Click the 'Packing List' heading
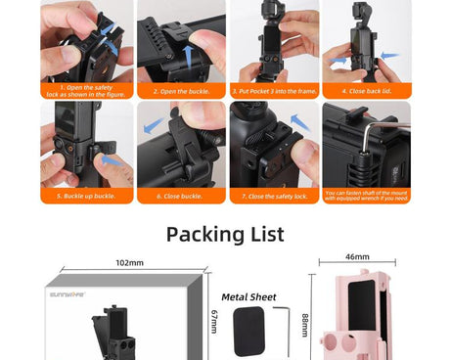[225, 234]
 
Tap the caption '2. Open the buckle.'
[181, 91]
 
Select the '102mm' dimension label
[130, 263]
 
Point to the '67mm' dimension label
[213, 320]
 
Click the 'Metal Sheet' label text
[248, 296]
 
